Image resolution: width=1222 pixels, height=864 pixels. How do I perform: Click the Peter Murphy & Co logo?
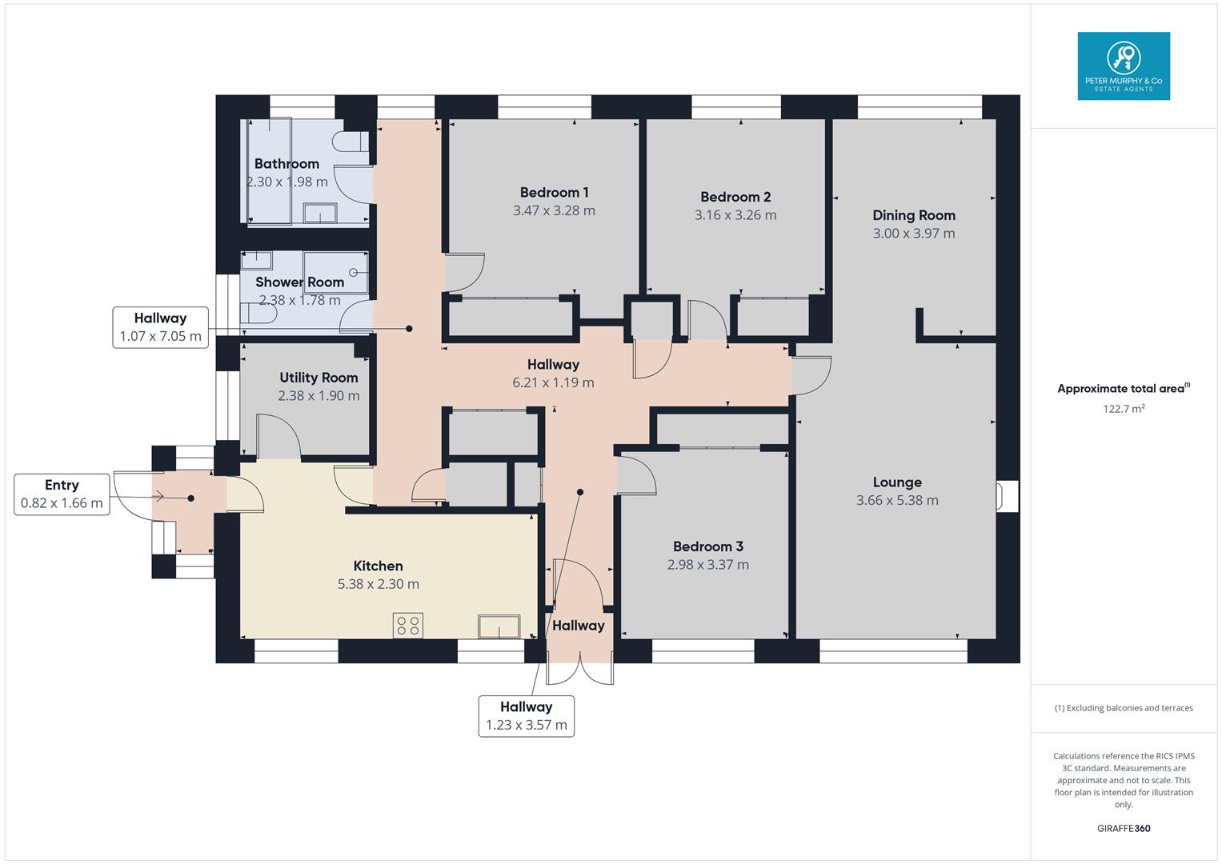click(x=1123, y=66)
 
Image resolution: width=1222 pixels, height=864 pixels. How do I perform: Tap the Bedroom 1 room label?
click(x=554, y=192)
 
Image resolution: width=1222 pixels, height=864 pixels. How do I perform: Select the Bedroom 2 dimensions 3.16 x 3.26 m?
click(x=735, y=215)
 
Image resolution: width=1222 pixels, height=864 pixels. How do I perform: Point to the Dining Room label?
click(x=913, y=215)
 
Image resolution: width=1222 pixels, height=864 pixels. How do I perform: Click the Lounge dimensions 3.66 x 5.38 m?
click(x=896, y=501)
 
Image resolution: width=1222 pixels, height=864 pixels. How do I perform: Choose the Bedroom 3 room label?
click(x=707, y=546)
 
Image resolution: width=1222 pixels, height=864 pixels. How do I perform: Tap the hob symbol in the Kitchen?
click(x=407, y=625)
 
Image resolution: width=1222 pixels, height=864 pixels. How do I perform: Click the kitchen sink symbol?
click(x=499, y=626)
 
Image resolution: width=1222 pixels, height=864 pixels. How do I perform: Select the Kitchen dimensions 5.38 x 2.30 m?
click(x=378, y=584)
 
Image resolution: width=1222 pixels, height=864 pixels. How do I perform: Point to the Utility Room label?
click(x=319, y=378)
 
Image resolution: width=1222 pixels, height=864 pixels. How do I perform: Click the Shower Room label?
click(x=299, y=282)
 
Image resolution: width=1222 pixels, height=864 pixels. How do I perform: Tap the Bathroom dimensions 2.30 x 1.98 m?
click(x=286, y=182)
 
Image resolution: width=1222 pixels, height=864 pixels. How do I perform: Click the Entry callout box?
click(x=62, y=494)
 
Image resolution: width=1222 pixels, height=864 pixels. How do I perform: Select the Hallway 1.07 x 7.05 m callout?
click(x=160, y=327)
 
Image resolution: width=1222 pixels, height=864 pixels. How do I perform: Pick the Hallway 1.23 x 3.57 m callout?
click(x=526, y=716)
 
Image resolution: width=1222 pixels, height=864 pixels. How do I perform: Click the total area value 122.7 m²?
click(x=1123, y=409)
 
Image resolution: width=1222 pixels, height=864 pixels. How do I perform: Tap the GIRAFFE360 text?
click(x=1123, y=828)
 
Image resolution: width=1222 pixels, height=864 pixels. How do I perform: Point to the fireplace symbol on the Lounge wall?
click(x=1005, y=496)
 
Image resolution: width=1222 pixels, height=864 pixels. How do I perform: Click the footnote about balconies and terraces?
click(x=1123, y=708)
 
